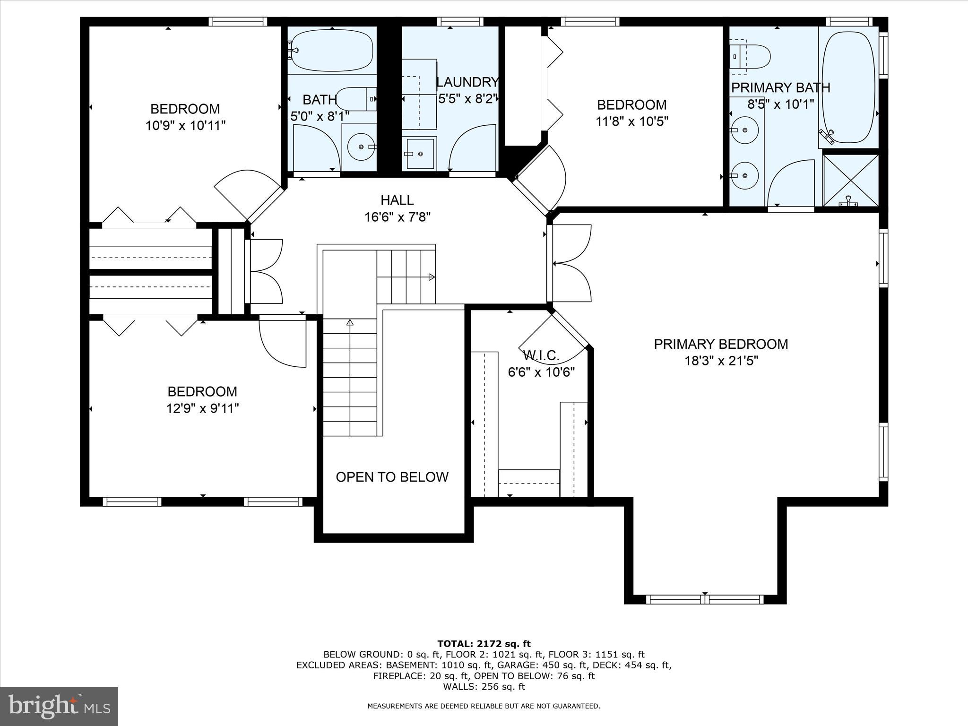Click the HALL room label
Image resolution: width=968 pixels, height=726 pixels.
(x=397, y=200)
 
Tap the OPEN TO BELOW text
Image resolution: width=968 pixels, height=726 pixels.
(x=392, y=477)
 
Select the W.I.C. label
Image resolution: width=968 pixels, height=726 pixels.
(x=541, y=355)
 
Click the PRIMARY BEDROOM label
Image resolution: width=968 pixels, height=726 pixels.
(x=721, y=344)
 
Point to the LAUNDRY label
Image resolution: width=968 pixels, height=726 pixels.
(x=467, y=82)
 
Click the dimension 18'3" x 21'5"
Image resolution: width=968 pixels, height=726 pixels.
(x=721, y=361)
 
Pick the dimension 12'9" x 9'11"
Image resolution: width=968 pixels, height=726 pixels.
(x=202, y=408)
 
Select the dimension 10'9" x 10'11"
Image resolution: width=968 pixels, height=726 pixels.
(x=185, y=126)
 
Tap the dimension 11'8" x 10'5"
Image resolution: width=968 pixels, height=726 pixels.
(x=631, y=121)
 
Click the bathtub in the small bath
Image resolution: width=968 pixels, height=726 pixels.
(x=332, y=51)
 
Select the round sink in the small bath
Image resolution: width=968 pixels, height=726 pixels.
(x=361, y=147)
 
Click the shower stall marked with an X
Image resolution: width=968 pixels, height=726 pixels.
(x=850, y=180)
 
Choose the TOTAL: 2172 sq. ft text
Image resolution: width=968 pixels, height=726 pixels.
(x=484, y=644)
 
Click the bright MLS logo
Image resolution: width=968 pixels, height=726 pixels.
(x=59, y=706)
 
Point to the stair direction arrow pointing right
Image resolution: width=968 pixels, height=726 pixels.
(x=432, y=277)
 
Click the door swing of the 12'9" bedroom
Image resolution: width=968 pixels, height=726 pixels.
(x=282, y=342)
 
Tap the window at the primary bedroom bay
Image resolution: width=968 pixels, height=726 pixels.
(x=705, y=599)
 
